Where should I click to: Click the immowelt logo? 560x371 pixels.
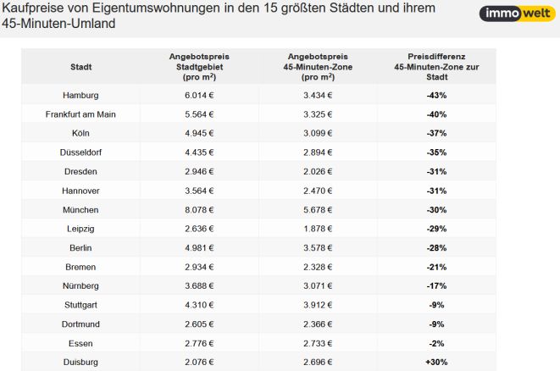pyautogui.click(x=517, y=14)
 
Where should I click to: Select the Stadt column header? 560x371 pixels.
pyautogui.click(x=81, y=67)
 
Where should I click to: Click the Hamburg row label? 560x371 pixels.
pyautogui.click(x=80, y=96)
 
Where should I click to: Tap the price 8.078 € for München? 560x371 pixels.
pyautogui.click(x=199, y=210)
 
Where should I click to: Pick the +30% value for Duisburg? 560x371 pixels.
pyautogui.click(x=436, y=362)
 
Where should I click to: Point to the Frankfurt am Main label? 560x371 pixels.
pyautogui.click(x=80, y=114)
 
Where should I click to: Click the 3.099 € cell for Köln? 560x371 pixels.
pyautogui.click(x=318, y=133)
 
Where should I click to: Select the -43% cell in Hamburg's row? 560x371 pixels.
pyautogui.click(x=436, y=96)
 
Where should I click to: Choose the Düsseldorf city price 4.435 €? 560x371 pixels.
pyautogui.click(x=199, y=152)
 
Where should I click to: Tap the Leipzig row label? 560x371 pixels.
pyautogui.click(x=80, y=229)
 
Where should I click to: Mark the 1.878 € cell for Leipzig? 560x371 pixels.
pyautogui.click(x=318, y=229)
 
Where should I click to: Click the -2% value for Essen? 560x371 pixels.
pyautogui.click(x=436, y=344)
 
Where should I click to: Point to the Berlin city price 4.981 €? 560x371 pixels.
pyautogui.click(x=199, y=248)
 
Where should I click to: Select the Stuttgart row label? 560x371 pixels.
pyautogui.click(x=80, y=305)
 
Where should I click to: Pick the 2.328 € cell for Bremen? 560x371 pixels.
pyautogui.click(x=318, y=267)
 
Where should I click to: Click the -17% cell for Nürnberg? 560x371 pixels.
pyautogui.click(x=436, y=286)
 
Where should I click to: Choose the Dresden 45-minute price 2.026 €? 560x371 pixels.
pyautogui.click(x=318, y=171)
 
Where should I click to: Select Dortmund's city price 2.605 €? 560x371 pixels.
pyautogui.click(x=199, y=324)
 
